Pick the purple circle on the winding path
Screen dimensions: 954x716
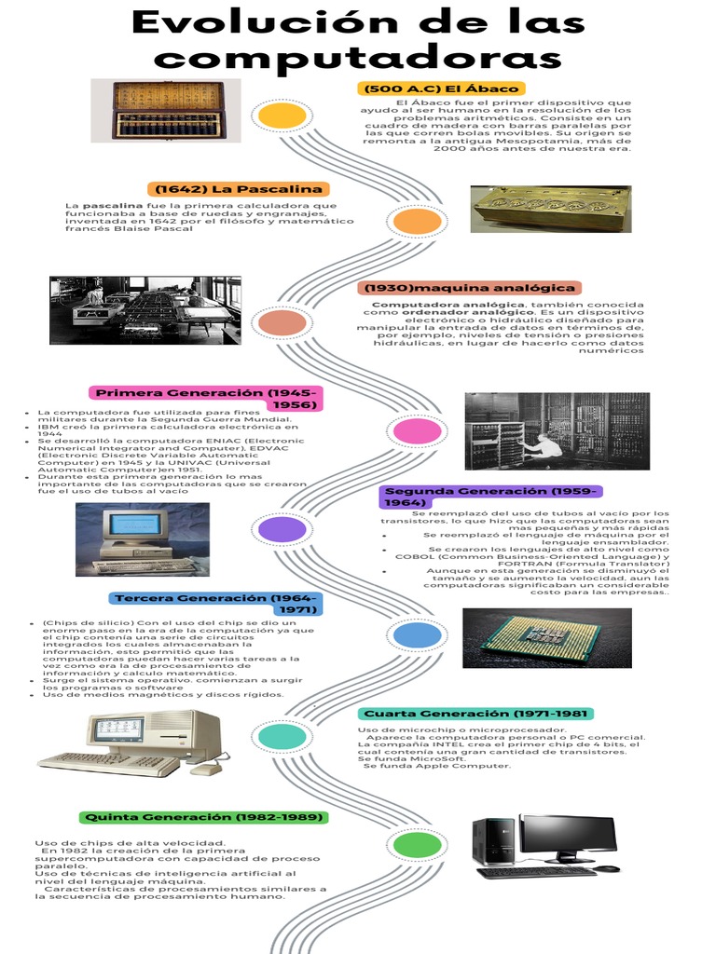282,529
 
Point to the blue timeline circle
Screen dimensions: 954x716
417,635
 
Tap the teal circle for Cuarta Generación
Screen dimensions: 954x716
282,737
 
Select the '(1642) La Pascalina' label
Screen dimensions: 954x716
239,189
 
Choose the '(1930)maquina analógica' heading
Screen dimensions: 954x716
469,288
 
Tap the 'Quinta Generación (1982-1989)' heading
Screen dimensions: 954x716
203,817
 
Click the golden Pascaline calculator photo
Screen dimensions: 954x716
550,209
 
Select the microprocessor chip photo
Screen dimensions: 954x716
546,638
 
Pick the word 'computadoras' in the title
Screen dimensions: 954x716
358,58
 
